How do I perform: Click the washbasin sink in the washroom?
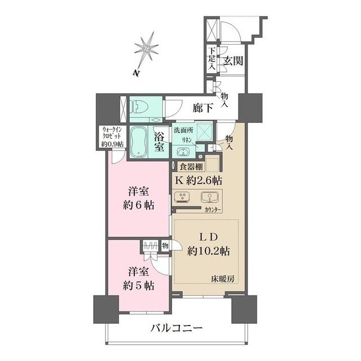pos(183,151)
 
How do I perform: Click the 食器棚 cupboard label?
pos(191,166)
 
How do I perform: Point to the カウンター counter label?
pos(213,209)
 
